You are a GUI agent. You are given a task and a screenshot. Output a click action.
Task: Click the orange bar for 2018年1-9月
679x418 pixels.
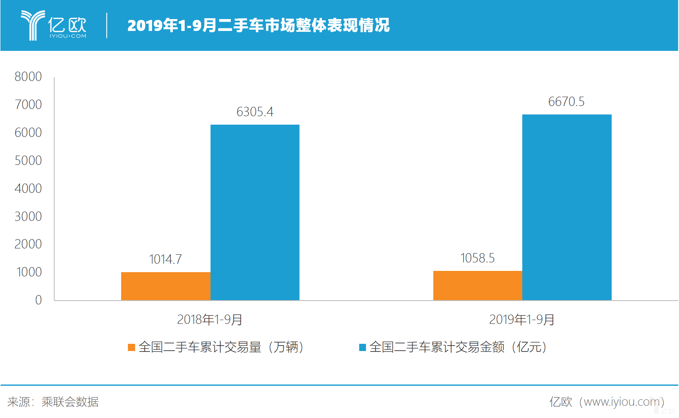(x=166, y=286)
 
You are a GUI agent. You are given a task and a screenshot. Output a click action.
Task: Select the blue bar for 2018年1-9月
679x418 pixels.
(x=255, y=212)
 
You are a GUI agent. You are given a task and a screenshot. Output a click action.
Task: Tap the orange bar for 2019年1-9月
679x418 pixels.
(x=477, y=285)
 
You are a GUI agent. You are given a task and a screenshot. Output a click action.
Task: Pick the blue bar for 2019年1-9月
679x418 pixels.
(x=567, y=207)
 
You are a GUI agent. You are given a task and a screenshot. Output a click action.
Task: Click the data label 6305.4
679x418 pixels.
(x=255, y=112)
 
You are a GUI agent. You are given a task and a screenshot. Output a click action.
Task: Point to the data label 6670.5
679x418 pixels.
(x=566, y=102)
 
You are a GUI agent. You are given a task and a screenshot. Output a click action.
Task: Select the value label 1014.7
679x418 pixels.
(x=165, y=259)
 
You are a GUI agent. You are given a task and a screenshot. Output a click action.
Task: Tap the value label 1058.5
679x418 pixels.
(x=477, y=258)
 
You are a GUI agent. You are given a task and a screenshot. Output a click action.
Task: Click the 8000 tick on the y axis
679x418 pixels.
(x=28, y=77)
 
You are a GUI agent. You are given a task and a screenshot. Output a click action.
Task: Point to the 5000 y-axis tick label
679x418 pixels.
(x=28, y=161)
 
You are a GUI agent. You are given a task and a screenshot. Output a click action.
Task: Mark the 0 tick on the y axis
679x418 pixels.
(x=38, y=300)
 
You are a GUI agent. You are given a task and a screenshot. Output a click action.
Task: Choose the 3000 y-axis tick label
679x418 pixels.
(x=28, y=217)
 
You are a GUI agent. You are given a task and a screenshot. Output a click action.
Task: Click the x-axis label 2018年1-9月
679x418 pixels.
(x=209, y=320)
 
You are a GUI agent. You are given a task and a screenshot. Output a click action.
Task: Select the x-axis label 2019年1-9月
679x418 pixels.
(x=521, y=320)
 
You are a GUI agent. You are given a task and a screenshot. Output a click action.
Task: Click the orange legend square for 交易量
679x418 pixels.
(x=131, y=348)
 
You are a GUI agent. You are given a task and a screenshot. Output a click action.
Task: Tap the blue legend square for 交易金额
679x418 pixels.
(x=363, y=348)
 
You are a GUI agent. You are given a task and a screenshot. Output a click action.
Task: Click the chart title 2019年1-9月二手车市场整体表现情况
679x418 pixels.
(x=258, y=25)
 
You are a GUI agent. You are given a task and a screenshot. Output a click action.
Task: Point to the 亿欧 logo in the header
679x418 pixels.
(x=54, y=25)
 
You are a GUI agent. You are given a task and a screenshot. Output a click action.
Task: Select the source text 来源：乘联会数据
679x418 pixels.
(x=53, y=402)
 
